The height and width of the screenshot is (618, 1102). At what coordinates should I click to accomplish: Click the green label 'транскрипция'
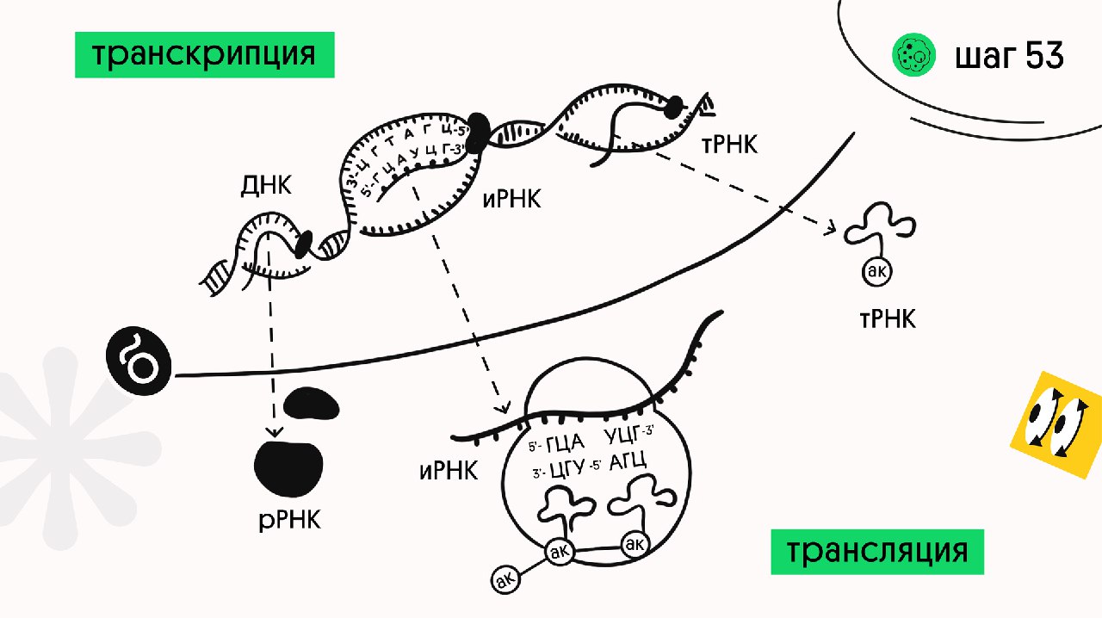204,55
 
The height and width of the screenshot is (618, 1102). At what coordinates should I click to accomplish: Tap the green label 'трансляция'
876,551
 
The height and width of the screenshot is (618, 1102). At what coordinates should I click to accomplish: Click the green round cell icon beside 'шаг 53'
913,56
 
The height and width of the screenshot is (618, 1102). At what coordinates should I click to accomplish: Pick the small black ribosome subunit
312,403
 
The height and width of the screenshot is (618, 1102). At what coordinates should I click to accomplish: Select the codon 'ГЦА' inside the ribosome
565,443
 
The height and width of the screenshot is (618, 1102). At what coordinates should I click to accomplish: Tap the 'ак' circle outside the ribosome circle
505,580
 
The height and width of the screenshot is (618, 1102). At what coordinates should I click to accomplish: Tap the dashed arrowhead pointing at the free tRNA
832,229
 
